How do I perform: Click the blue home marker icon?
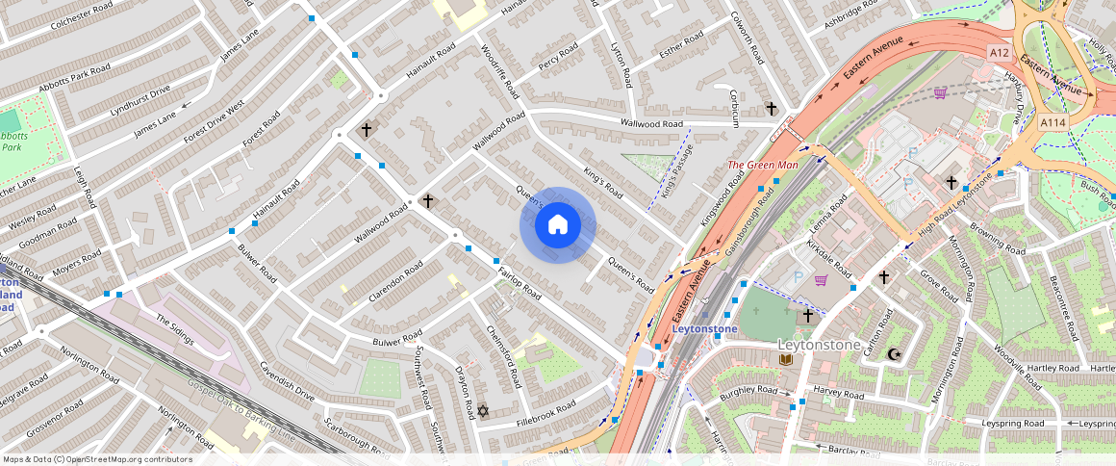pyautogui.click(x=558, y=225)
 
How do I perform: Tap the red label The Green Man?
pyautogui.click(x=763, y=165)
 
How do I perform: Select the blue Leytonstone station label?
pyautogui.click(x=704, y=329)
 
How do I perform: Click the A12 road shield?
pyautogui.click(x=999, y=53)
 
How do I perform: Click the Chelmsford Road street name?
pyautogui.click(x=504, y=356)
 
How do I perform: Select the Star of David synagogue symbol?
pyautogui.click(x=483, y=411)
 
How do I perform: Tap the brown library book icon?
pyautogui.click(x=785, y=359)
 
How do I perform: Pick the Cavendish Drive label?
pyautogui.click(x=287, y=382)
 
